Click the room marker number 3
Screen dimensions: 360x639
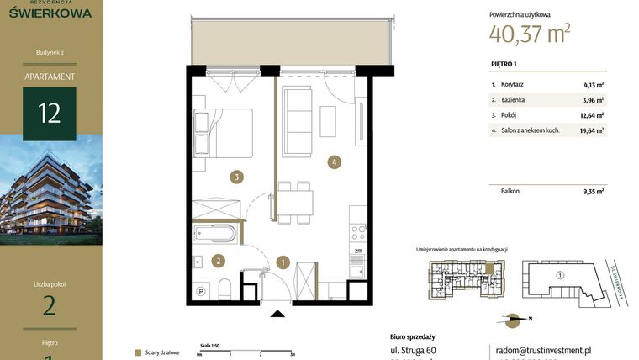point(239,177)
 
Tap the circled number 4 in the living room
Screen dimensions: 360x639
point(335,161)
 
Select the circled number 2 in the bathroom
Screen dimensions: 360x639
point(219,261)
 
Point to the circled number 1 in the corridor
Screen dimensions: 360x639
point(283,262)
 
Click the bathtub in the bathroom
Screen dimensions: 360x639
point(215,233)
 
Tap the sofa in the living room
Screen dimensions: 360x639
point(298,111)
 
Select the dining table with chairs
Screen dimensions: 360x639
point(295,203)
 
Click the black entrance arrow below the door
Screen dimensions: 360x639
point(278,315)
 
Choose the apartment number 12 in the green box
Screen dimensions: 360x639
point(50,113)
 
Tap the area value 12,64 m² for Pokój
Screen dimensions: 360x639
point(594,115)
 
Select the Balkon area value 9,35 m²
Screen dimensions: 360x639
point(594,191)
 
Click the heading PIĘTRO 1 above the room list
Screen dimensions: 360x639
point(504,64)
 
